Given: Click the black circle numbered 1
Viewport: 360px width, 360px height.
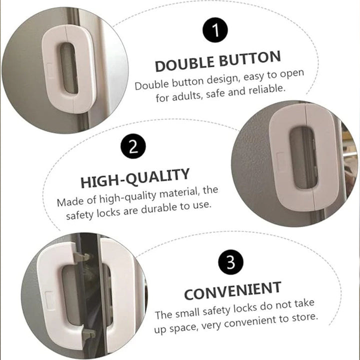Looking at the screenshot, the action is [215, 30].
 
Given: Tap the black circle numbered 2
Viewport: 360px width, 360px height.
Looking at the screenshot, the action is [133, 146].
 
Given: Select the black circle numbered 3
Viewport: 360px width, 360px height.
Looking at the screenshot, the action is [230, 262].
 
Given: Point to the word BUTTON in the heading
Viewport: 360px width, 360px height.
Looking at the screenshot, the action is [250, 58].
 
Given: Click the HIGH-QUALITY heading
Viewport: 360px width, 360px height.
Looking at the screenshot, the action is [135, 178].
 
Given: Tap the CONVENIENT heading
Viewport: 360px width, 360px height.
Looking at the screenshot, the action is [232, 290].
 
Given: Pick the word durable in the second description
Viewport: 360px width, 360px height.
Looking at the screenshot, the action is [159, 208].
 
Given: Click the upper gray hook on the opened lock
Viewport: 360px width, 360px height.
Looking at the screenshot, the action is [81, 256].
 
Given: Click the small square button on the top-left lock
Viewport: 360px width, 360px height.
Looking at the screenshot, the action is [50, 70].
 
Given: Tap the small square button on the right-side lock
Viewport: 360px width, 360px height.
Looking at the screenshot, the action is [281, 161].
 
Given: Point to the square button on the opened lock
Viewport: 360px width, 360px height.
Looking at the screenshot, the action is [49, 300].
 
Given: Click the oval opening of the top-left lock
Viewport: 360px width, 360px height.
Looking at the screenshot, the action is [69, 67].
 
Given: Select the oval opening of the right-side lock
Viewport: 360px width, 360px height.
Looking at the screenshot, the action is [304, 157].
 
